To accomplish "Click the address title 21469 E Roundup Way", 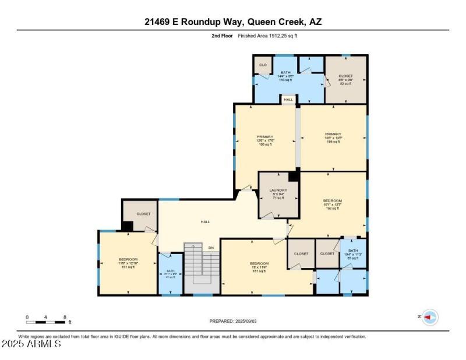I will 233,22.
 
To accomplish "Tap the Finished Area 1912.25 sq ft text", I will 267,36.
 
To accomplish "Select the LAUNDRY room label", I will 278,194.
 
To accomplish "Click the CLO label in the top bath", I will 263,65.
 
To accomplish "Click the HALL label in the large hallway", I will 205,221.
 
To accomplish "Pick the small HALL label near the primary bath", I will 288,100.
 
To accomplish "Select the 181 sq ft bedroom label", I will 259,267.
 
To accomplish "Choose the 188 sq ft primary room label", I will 265,140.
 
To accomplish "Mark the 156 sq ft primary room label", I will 333,137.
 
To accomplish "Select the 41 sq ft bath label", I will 170,274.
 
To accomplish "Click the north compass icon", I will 430,317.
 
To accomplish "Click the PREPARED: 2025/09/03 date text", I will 233,321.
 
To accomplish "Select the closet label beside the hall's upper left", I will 143,214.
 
